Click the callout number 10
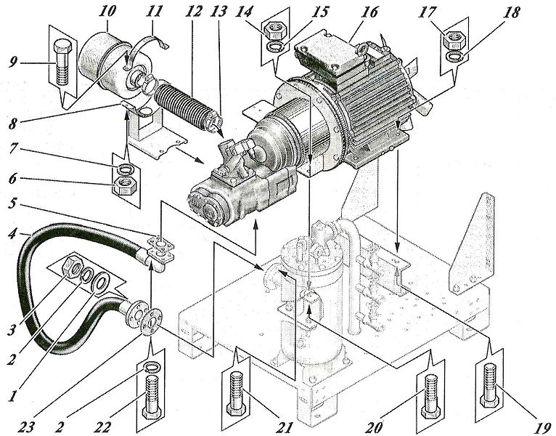tap(107, 11)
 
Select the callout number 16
tap(369, 13)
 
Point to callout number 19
tap(542, 428)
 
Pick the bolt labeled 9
tap(62, 62)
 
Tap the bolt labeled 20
tap(431, 397)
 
